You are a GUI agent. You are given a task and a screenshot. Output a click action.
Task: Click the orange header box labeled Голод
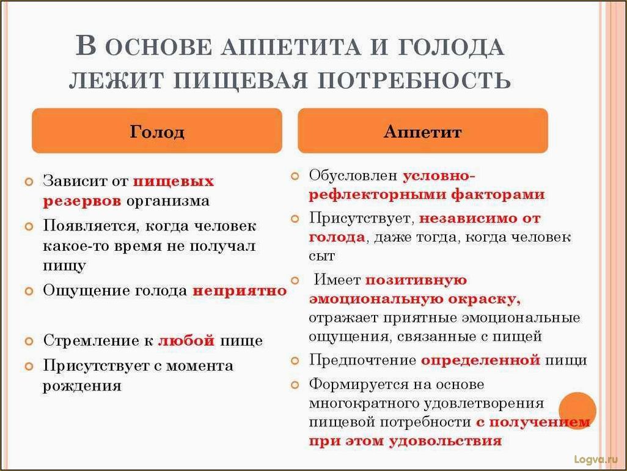click(x=156, y=131)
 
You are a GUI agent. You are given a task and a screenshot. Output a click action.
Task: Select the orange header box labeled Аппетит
click(x=422, y=131)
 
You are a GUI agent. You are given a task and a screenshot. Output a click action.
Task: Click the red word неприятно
click(x=240, y=291)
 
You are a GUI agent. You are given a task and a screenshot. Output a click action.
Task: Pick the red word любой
click(x=186, y=341)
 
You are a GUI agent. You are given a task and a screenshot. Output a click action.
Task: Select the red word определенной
click(x=480, y=360)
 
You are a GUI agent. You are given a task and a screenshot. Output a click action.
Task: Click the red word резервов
click(x=82, y=201)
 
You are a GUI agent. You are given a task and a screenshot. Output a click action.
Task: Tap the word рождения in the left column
click(x=82, y=386)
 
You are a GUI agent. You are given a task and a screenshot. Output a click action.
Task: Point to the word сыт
click(x=322, y=256)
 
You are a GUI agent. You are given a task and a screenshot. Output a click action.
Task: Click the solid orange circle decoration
click(x=577, y=410)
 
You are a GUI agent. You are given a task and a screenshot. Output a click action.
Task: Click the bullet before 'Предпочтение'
click(x=295, y=360)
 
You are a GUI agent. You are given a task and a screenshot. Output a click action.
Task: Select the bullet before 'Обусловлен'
click(x=295, y=176)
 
